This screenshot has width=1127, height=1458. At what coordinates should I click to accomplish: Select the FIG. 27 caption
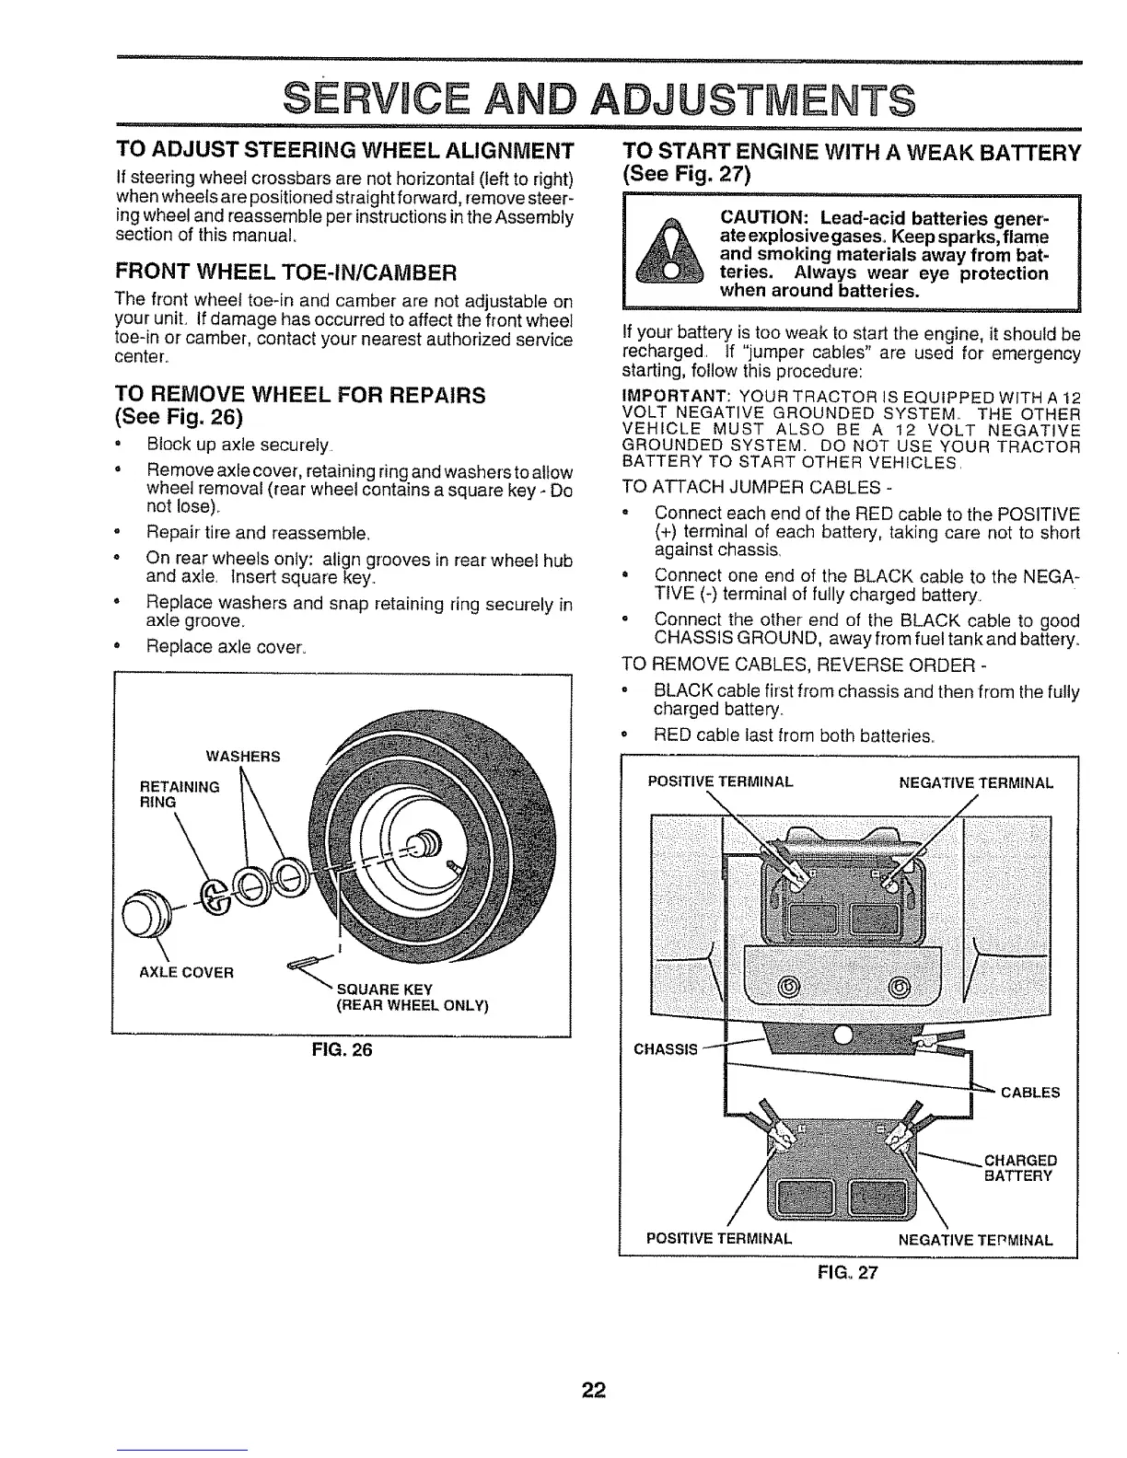point(847,1274)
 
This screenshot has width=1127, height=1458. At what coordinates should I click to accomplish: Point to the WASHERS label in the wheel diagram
point(243,757)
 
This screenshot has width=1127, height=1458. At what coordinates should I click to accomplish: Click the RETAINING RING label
point(179,793)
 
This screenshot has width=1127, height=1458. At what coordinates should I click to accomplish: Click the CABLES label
point(1029,1093)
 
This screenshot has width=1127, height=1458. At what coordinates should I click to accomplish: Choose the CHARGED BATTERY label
point(1020,1167)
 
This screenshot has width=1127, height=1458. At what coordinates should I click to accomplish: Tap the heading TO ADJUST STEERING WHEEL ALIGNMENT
point(343,150)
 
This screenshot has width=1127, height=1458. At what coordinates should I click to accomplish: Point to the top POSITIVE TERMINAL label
point(720,782)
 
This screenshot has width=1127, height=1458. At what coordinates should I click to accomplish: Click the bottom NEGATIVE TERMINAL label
point(974,1239)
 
